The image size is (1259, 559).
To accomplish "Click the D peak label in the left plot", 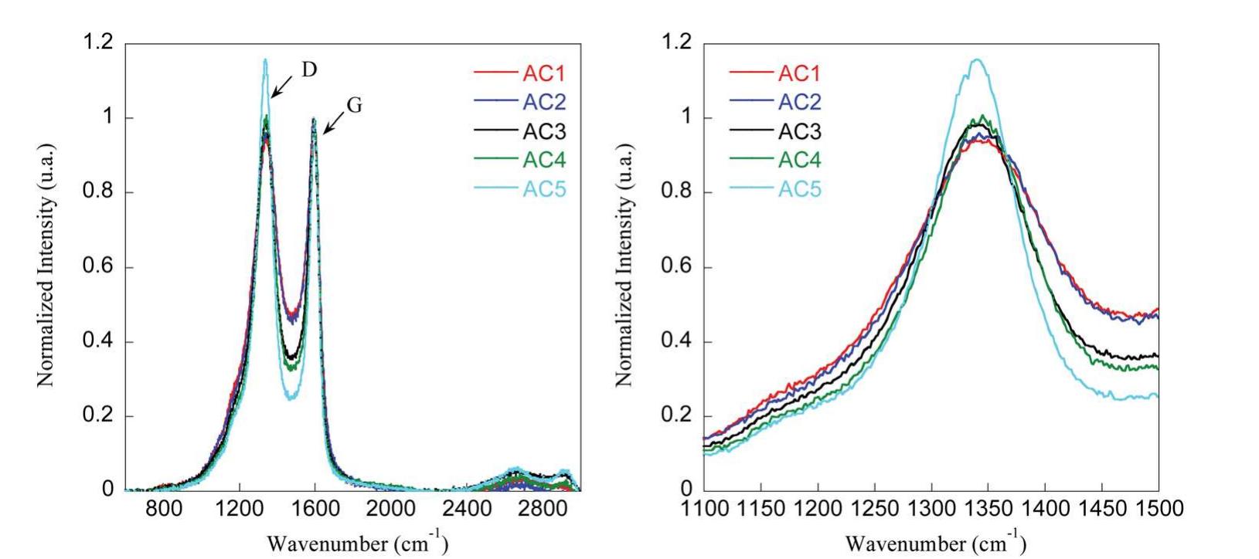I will point(308,69).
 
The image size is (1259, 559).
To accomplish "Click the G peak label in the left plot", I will point(354,106).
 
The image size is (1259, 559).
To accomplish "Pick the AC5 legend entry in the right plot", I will point(800,189).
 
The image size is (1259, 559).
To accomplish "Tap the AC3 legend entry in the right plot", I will point(800,131).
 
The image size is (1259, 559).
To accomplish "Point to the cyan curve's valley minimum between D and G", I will point(289,398).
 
